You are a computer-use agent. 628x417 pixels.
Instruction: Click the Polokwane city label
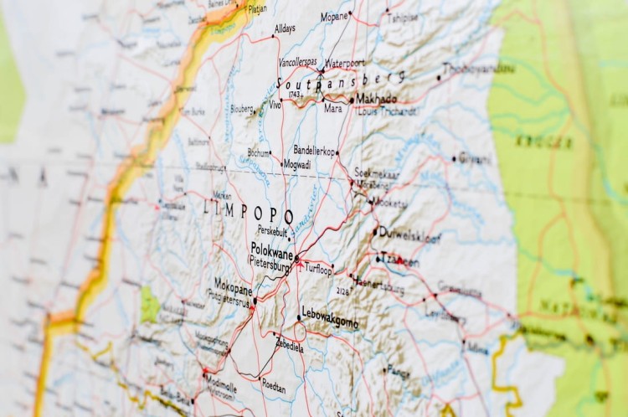coord(273,248)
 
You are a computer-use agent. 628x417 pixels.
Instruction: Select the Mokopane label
coord(234,284)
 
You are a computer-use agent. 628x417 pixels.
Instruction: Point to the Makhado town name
coord(377,99)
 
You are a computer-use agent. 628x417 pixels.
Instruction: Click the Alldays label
coord(285,28)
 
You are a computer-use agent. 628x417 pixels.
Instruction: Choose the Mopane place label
coord(335,16)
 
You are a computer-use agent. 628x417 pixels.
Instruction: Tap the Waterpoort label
coord(345,63)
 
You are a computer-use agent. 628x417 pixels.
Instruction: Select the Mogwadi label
coord(296,164)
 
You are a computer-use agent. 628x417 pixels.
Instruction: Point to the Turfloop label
coord(318,270)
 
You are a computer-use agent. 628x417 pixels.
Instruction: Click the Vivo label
coord(275,105)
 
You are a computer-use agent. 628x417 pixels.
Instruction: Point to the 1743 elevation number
coord(294,95)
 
